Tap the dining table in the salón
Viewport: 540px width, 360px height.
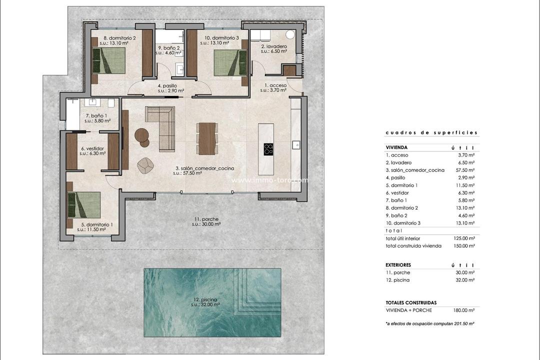206,138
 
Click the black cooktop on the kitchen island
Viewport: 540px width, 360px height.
268,148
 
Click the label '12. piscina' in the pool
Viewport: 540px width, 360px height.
207,300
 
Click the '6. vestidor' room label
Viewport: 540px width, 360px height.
92,148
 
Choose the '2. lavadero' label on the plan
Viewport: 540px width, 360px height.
273,46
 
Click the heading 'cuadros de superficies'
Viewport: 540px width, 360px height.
431,133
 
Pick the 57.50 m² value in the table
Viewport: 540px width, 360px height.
465,170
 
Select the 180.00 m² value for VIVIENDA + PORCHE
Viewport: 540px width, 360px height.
464,310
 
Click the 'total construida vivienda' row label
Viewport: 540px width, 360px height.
413,246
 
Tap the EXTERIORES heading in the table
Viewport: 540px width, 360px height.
398,265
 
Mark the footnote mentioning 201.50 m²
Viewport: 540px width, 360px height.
429,324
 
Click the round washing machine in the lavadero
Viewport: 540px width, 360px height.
290,35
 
